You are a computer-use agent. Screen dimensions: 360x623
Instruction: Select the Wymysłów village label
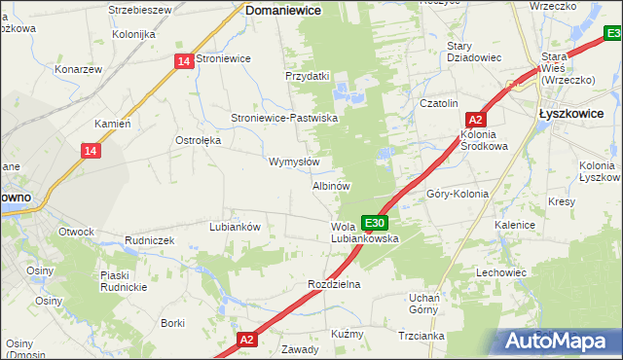click(x=294, y=162)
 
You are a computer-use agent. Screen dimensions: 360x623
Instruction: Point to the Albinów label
click(x=331, y=185)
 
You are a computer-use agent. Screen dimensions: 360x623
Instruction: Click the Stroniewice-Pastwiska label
click(x=283, y=118)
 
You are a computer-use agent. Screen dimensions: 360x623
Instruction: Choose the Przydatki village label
click(x=308, y=76)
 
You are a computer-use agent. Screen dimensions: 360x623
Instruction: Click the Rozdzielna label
click(x=334, y=284)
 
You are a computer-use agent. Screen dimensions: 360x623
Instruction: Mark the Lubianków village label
click(x=235, y=227)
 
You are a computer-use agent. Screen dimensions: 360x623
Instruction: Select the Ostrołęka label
click(x=199, y=140)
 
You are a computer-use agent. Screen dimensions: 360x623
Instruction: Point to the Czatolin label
click(x=438, y=103)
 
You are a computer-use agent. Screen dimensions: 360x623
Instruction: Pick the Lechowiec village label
click(x=500, y=272)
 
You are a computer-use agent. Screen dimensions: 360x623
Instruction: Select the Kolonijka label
click(x=133, y=34)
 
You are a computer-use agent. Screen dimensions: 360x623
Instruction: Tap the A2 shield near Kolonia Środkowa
click(x=476, y=120)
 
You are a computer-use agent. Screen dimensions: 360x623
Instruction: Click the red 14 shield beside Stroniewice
click(x=184, y=61)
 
